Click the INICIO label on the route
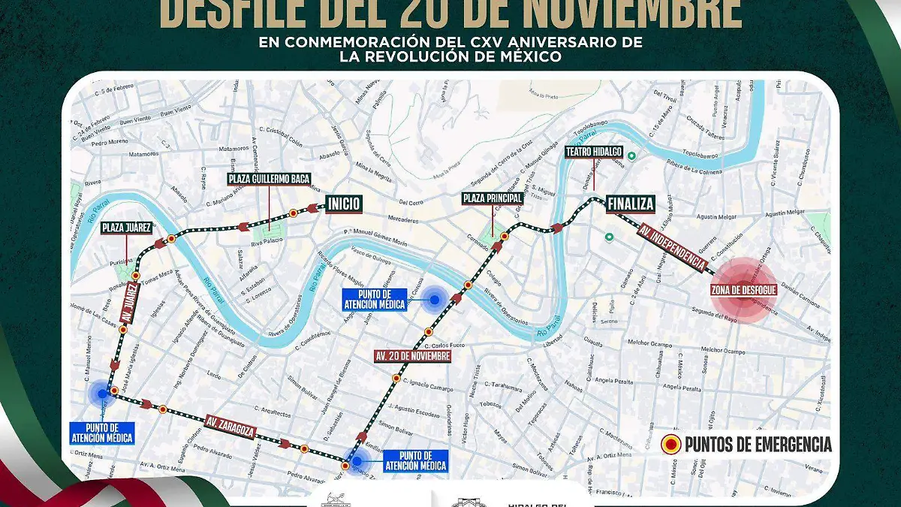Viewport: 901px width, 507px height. click(x=344, y=204)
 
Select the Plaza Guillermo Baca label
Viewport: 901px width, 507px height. click(x=270, y=179)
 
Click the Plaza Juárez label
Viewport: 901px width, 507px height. click(x=128, y=227)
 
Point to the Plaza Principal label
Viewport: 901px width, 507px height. click(x=493, y=198)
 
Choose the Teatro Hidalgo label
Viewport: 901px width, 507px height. click(x=594, y=152)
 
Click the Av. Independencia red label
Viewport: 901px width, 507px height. click(x=672, y=249)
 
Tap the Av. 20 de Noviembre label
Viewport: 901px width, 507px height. click(x=413, y=355)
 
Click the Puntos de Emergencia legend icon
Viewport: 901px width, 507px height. click(x=669, y=445)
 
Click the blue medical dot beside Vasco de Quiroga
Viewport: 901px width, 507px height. click(x=435, y=300)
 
